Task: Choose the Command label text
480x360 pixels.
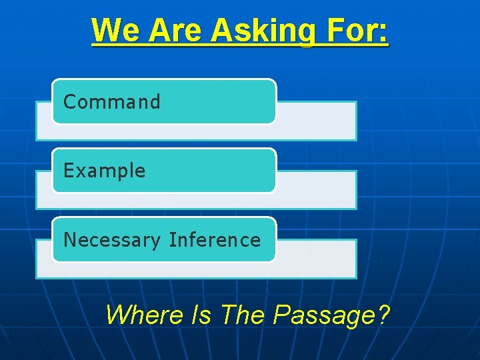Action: tap(112, 102)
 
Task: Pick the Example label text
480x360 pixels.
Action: tap(104, 171)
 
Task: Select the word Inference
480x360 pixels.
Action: tap(215, 239)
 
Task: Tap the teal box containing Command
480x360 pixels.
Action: tap(220, 101)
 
